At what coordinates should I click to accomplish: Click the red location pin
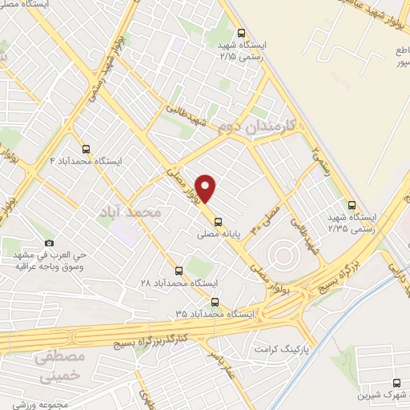[207, 189]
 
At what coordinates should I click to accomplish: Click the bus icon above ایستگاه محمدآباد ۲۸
[179, 271]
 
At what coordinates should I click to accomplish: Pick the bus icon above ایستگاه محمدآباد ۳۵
[215, 301]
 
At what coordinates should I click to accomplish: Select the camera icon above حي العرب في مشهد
[50, 243]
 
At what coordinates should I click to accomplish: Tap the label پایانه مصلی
[219, 235]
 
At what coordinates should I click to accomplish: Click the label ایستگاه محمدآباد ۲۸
[178, 283]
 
